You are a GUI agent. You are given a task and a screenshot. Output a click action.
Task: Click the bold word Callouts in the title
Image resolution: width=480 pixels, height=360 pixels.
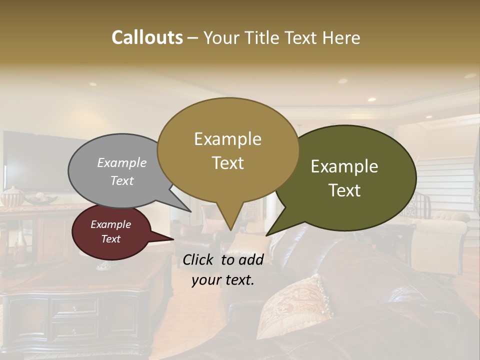coord(147,37)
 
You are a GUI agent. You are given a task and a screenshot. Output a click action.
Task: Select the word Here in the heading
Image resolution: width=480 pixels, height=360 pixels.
coord(342,37)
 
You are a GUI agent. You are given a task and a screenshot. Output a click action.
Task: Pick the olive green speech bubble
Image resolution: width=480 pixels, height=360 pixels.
coord(350,177)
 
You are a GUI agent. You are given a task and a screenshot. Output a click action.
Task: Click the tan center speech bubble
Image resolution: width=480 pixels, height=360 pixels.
coord(228,150)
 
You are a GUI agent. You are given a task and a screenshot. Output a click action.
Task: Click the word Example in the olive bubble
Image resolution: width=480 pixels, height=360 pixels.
coord(344,166)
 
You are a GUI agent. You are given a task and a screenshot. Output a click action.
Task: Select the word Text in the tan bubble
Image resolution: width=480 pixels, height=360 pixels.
coord(228,163)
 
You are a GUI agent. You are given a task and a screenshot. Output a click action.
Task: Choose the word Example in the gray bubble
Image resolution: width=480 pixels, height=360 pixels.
coord(121,162)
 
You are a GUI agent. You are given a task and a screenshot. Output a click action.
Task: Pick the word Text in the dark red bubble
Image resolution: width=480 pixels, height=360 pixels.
coord(110,239)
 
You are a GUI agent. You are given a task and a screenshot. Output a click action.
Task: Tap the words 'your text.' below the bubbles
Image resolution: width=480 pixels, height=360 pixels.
coord(222,280)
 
